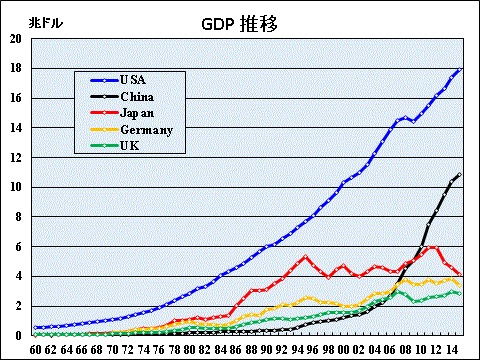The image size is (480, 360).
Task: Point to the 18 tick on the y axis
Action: click(x=15, y=69)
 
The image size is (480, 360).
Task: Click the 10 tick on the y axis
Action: click(x=15, y=187)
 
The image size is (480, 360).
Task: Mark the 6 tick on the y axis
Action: click(x=18, y=246)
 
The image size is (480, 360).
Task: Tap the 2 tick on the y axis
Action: click(x=18, y=305)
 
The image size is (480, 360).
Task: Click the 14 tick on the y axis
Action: click(x=15, y=128)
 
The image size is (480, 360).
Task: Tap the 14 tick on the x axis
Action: click(x=452, y=349)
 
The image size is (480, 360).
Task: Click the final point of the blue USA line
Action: click(x=460, y=69)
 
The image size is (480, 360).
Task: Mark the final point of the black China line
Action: click(x=460, y=175)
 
